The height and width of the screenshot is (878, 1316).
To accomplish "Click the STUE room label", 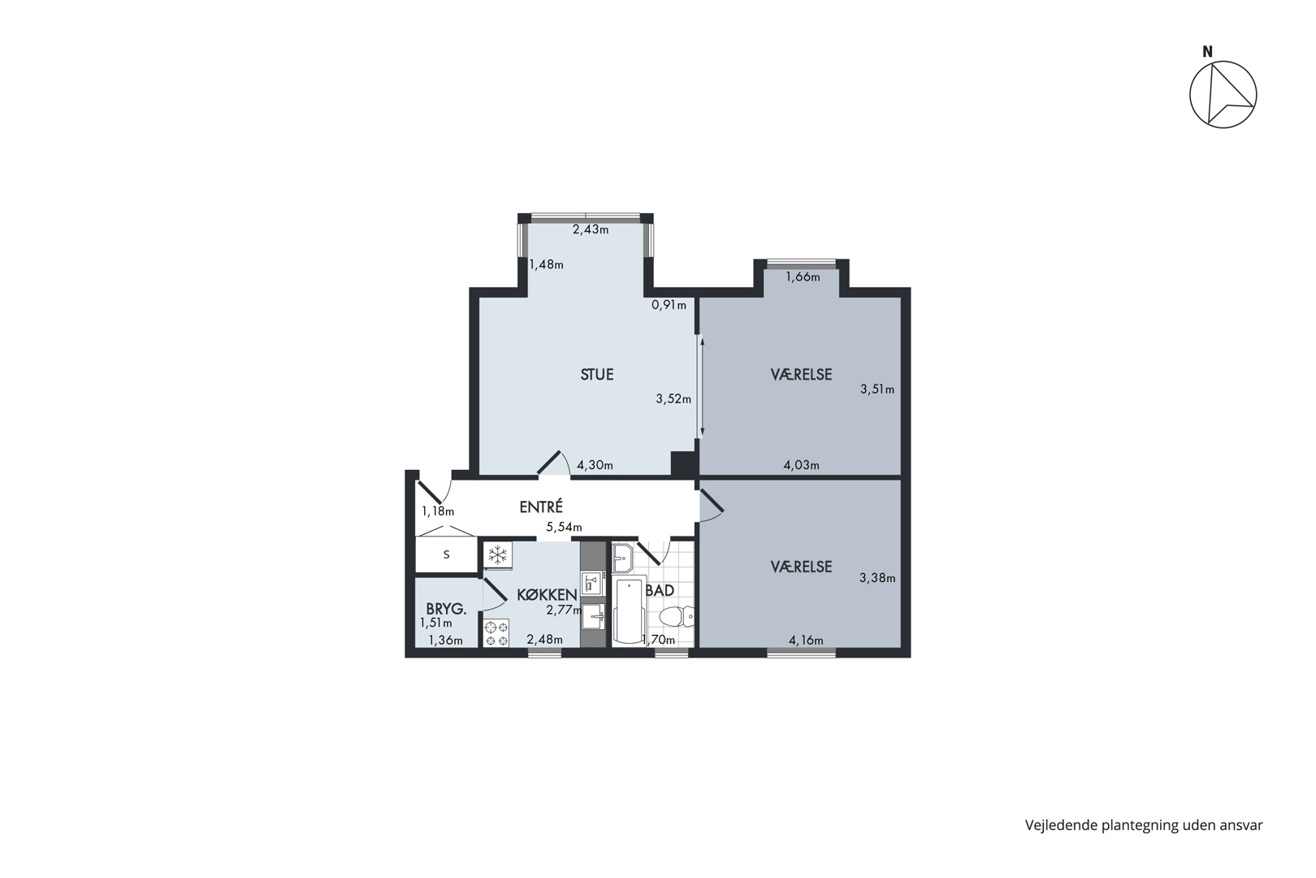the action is coord(597,375).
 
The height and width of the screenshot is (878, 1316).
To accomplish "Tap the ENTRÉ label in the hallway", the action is coord(541,506).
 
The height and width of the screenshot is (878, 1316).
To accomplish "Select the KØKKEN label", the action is coord(547,594).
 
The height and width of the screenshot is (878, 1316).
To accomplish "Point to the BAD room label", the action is coord(660,590).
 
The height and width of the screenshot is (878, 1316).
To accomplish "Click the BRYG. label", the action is coord(447,609).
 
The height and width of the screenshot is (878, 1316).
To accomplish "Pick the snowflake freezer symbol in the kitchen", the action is coord(498,554).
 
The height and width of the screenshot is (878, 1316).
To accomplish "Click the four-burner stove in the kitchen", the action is coord(496,633).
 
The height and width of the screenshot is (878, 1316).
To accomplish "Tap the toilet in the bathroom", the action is coord(677,617).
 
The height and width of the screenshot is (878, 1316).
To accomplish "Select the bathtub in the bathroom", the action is coord(630,611).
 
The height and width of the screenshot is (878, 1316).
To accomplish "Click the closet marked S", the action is coord(447,554).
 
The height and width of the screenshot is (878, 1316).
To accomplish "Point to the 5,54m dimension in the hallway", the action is coord(564,527).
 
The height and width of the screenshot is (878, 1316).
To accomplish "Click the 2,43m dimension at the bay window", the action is coord(591,229).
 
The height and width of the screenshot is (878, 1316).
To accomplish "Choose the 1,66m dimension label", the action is coord(803,277).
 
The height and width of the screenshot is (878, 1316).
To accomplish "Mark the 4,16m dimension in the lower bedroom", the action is coord(806,641).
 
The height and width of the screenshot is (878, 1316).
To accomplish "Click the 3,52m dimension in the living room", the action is coord(673,398).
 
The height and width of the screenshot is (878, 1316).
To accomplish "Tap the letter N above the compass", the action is coord(1207,52).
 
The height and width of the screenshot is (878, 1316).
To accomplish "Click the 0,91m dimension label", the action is coord(669,305).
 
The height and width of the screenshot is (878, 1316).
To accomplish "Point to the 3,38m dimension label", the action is coord(877,578).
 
